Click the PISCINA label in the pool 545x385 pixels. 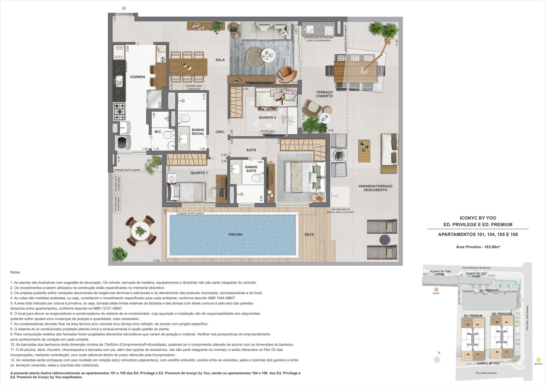(x=236, y=234)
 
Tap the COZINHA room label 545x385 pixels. (x=138, y=77)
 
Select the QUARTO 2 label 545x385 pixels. (x=267, y=117)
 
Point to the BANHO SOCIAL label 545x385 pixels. (x=198, y=132)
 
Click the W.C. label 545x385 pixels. (x=158, y=132)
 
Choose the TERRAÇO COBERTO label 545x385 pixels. (x=324, y=94)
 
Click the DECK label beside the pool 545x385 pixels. (x=309, y=234)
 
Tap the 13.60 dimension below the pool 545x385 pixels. (x=156, y=261)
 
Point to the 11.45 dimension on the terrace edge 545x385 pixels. (x=397, y=43)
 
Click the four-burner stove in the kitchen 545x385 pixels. (x=120, y=112)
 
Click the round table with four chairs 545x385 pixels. (x=141, y=231)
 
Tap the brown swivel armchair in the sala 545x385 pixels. (x=287, y=74)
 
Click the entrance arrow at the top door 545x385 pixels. (x=124, y=9)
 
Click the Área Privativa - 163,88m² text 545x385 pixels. (x=478, y=247)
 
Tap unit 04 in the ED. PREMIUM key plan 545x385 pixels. (x=477, y=325)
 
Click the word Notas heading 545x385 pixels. (x=15, y=272)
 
